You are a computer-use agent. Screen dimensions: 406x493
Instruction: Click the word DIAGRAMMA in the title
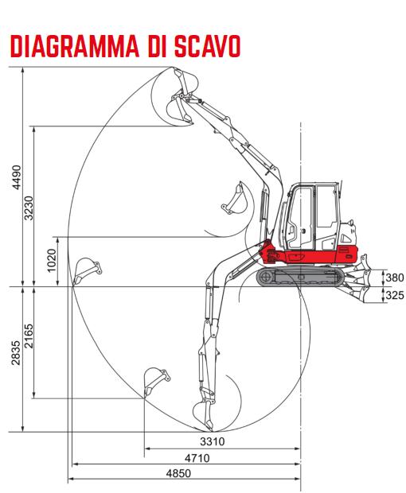click(75, 46)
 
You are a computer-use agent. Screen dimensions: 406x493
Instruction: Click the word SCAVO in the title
click(208, 46)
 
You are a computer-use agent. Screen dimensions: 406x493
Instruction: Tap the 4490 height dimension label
click(17, 177)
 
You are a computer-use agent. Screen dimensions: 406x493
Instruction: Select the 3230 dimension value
click(29, 208)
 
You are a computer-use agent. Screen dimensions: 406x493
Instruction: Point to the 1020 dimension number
click(51, 260)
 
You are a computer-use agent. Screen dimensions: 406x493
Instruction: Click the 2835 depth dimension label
click(16, 353)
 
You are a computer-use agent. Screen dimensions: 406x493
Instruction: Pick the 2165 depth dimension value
click(29, 336)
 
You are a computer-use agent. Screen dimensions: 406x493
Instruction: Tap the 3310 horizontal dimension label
click(213, 441)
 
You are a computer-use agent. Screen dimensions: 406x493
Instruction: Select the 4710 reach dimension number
click(197, 458)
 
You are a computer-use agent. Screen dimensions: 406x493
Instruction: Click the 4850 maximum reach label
click(178, 473)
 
